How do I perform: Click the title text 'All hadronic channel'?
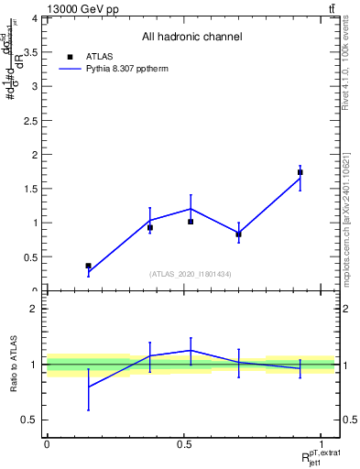191,37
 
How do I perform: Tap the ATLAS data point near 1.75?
300,172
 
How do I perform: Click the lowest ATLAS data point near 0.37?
88,266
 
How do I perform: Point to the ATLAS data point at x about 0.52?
191,222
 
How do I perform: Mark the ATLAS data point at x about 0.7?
238,234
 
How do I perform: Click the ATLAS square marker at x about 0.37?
150,227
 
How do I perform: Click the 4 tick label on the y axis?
34,18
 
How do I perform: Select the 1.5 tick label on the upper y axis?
30,189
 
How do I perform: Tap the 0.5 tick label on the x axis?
183,443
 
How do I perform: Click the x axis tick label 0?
47,443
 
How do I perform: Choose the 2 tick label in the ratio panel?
34,310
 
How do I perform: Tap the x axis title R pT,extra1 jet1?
320,457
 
